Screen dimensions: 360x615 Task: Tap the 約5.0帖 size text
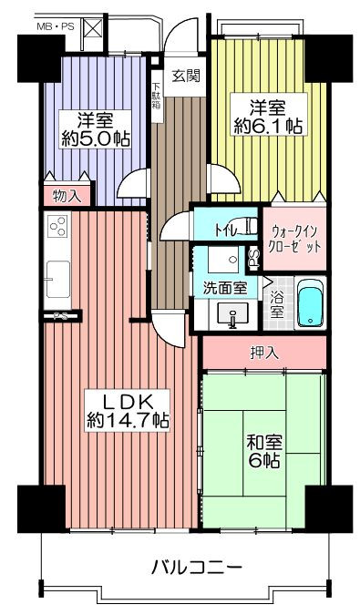point(96,138)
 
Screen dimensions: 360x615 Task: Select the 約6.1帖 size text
point(268,126)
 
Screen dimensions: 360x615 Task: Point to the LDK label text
point(128,402)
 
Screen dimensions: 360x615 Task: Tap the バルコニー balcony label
point(197,567)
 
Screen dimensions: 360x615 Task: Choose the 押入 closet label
point(264,353)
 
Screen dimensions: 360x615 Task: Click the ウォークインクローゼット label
point(294,239)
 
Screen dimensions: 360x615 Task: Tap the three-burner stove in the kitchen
point(57,226)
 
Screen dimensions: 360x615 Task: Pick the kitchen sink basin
point(57,280)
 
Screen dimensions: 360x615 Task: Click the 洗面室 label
point(225,288)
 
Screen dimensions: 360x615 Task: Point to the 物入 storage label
point(67,196)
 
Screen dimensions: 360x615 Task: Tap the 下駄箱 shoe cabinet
point(156,97)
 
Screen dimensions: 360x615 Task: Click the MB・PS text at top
point(55,26)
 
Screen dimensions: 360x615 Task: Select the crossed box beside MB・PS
point(92,27)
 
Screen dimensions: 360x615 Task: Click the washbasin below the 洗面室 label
point(233,314)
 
